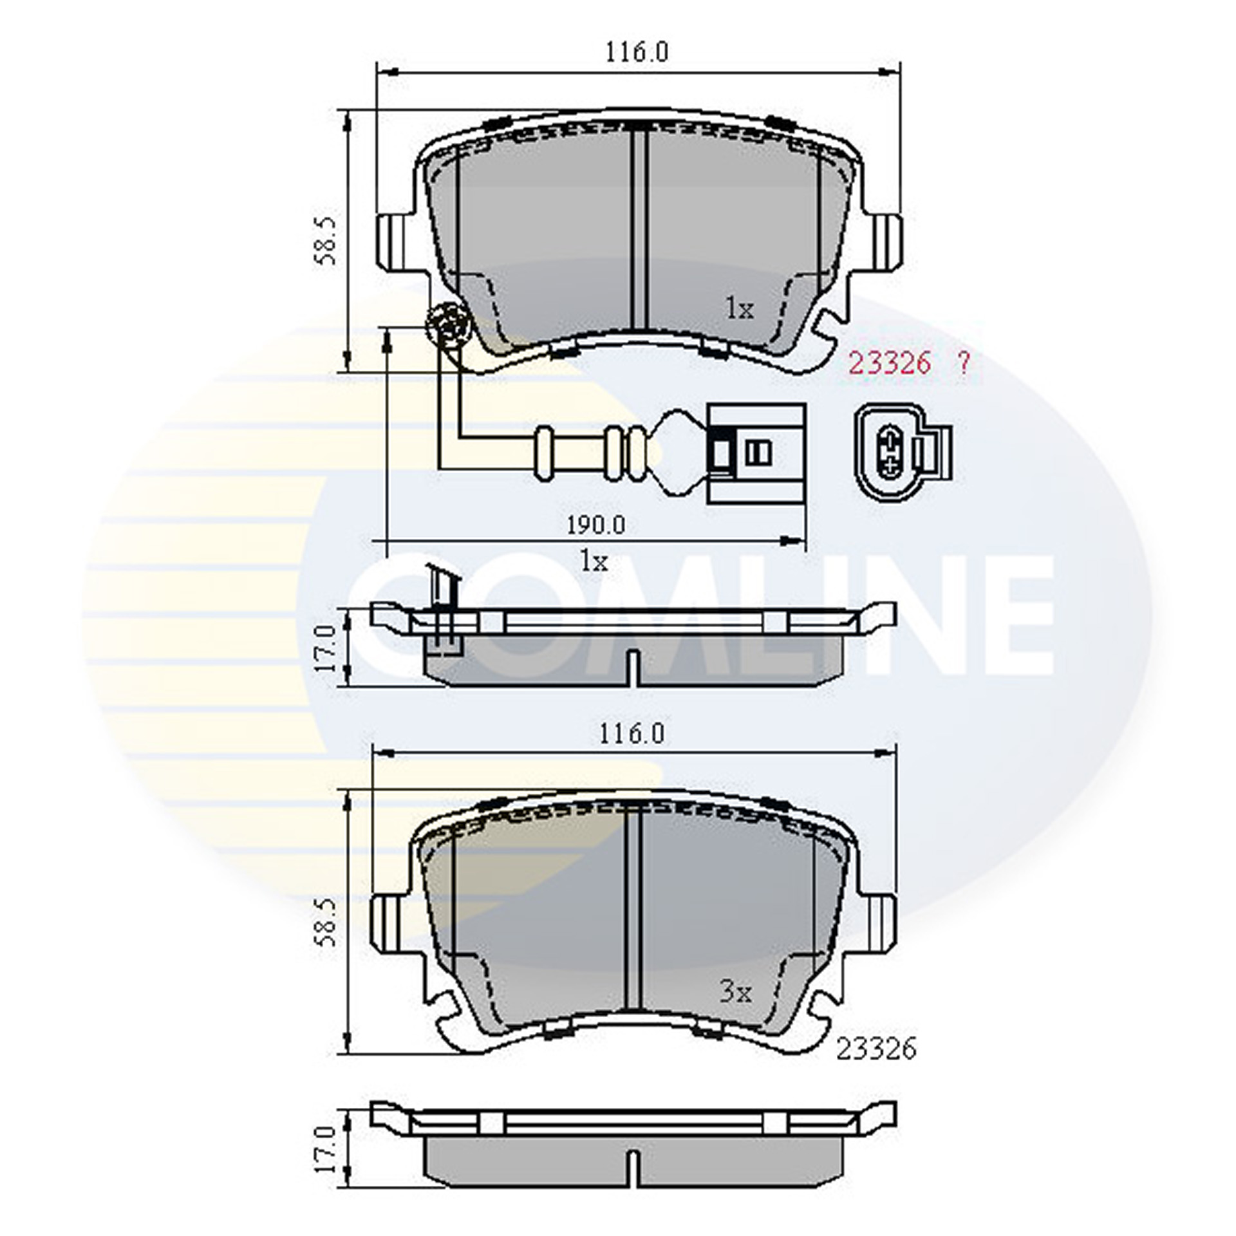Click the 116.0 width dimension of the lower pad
point(632,735)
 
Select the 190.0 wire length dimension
point(596,526)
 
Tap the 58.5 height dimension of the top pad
point(326,241)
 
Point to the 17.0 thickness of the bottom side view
point(326,1148)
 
